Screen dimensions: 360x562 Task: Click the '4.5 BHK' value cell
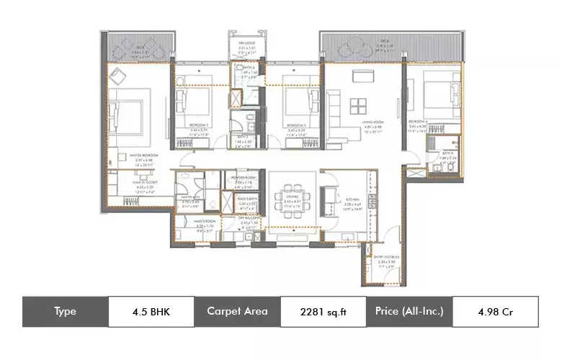pos(151,312)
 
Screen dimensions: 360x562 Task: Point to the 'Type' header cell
pos(65,312)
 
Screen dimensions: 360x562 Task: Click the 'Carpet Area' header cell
pos(236,312)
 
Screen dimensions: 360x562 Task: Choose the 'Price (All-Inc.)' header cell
pos(409,312)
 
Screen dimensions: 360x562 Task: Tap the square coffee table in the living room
pos(358,106)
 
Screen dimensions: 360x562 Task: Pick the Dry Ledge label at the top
pos(244,48)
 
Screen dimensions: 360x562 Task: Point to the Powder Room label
pos(246,181)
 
